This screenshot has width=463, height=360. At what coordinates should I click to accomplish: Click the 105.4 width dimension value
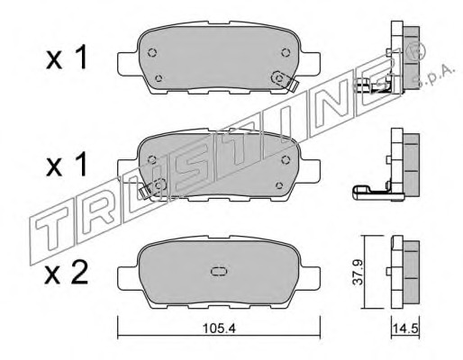point(219,328)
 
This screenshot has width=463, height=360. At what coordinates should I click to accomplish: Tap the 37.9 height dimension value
point(358,272)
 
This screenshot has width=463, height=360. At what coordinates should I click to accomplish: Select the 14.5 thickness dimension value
point(405,328)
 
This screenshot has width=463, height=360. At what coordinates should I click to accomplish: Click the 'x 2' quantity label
point(67,273)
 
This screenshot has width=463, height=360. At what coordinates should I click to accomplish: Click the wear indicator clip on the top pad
point(284,81)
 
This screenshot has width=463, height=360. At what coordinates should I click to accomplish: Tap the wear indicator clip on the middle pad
point(153,187)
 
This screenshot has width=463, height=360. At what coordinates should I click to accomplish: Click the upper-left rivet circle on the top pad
point(152,53)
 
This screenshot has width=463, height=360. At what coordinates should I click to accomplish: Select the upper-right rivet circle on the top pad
point(286,52)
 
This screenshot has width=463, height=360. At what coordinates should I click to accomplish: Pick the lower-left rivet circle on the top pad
point(159,78)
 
